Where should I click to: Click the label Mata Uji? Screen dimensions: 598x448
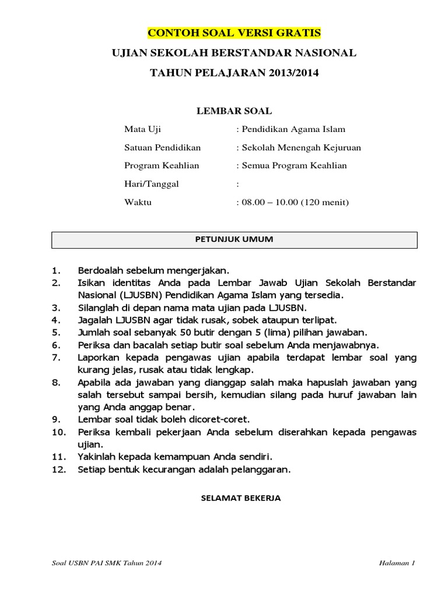click(141, 129)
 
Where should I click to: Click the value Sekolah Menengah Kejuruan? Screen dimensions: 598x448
click(301, 147)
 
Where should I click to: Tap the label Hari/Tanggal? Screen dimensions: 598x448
click(152, 184)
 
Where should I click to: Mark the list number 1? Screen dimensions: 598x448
click(56, 271)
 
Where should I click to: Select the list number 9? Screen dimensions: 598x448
click(56, 419)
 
